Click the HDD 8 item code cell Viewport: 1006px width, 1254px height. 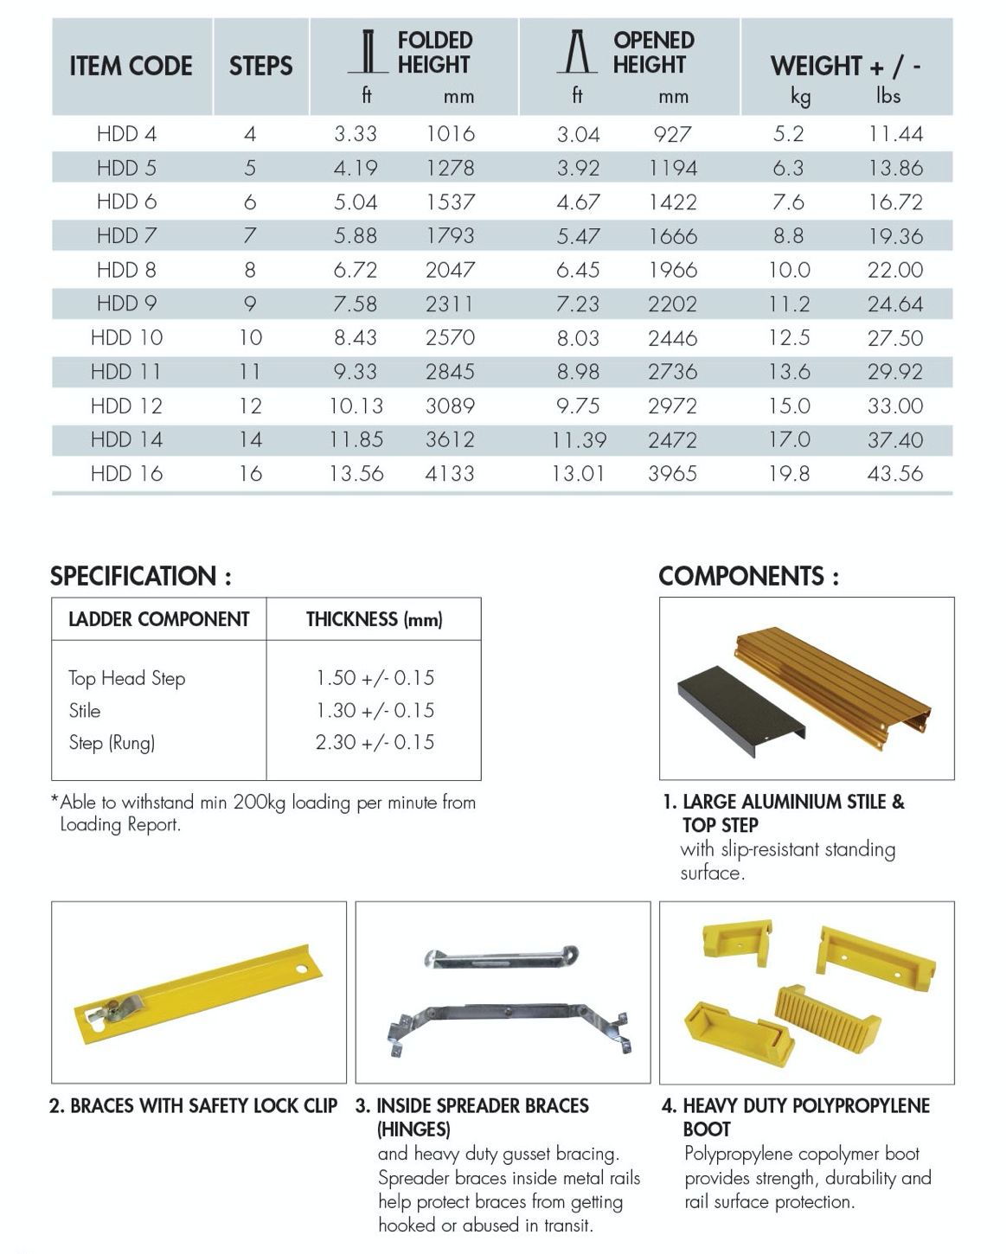(x=126, y=270)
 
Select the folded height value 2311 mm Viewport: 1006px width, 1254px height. (x=450, y=304)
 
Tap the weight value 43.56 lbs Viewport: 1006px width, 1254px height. (x=895, y=473)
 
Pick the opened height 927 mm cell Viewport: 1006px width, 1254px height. (x=672, y=134)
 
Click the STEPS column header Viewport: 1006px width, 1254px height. (x=260, y=66)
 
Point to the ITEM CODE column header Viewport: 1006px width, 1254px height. (x=131, y=66)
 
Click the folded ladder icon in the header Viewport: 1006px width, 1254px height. (x=368, y=52)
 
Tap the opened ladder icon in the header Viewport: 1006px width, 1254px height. (x=577, y=52)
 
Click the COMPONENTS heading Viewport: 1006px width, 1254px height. (x=748, y=576)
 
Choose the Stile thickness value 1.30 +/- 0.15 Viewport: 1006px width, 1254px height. (x=375, y=710)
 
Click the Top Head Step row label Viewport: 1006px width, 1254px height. (x=127, y=678)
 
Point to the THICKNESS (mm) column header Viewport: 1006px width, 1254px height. (x=374, y=619)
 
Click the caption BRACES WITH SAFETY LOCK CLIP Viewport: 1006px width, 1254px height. (x=193, y=1106)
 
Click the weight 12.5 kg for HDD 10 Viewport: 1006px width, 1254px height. (x=789, y=337)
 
